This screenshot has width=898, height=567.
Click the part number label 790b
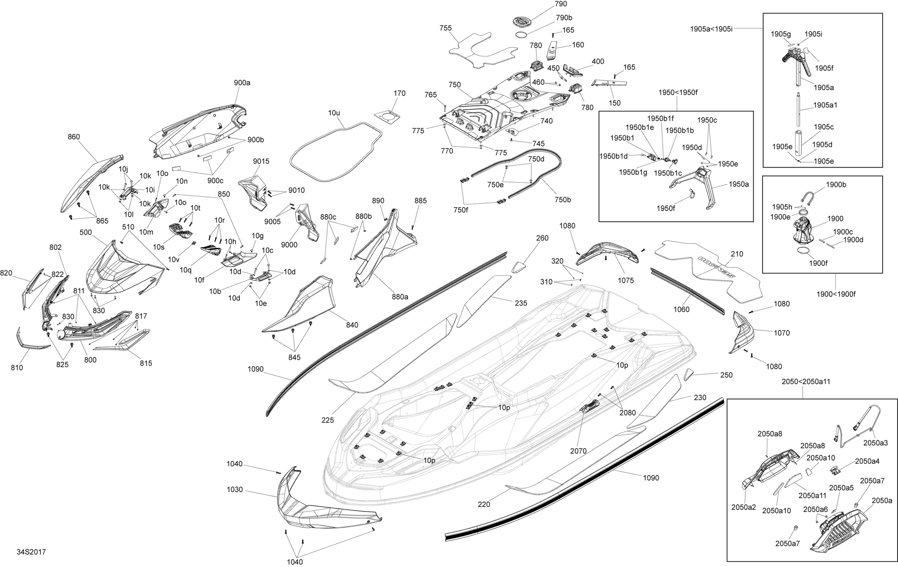[564, 18]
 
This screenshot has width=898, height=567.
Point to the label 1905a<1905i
[711, 29]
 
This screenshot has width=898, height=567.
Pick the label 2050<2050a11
[806, 381]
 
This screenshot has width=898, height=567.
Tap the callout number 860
[74, 137]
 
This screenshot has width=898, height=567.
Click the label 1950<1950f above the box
[678, 93]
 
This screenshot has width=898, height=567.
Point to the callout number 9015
[261, 161]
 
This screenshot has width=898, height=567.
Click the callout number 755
[445, 28]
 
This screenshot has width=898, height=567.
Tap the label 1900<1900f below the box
[836, 294]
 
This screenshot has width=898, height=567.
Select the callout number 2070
[578, 451]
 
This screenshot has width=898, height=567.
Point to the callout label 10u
[334, 113]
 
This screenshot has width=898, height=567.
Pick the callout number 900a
[242, 82]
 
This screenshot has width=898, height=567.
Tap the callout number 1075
[626, 280]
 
